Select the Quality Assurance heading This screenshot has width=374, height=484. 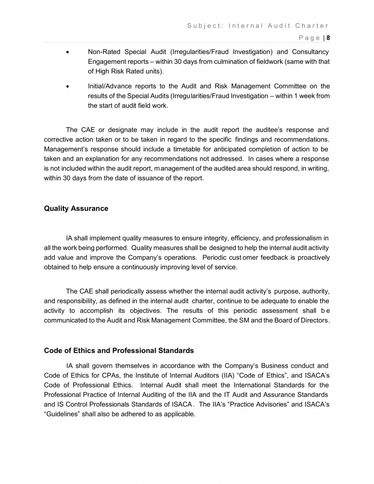[x=76, y=208]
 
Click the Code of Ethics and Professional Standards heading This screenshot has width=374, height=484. [x=119, y=351]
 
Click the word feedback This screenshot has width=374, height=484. [x=270, y=258]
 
